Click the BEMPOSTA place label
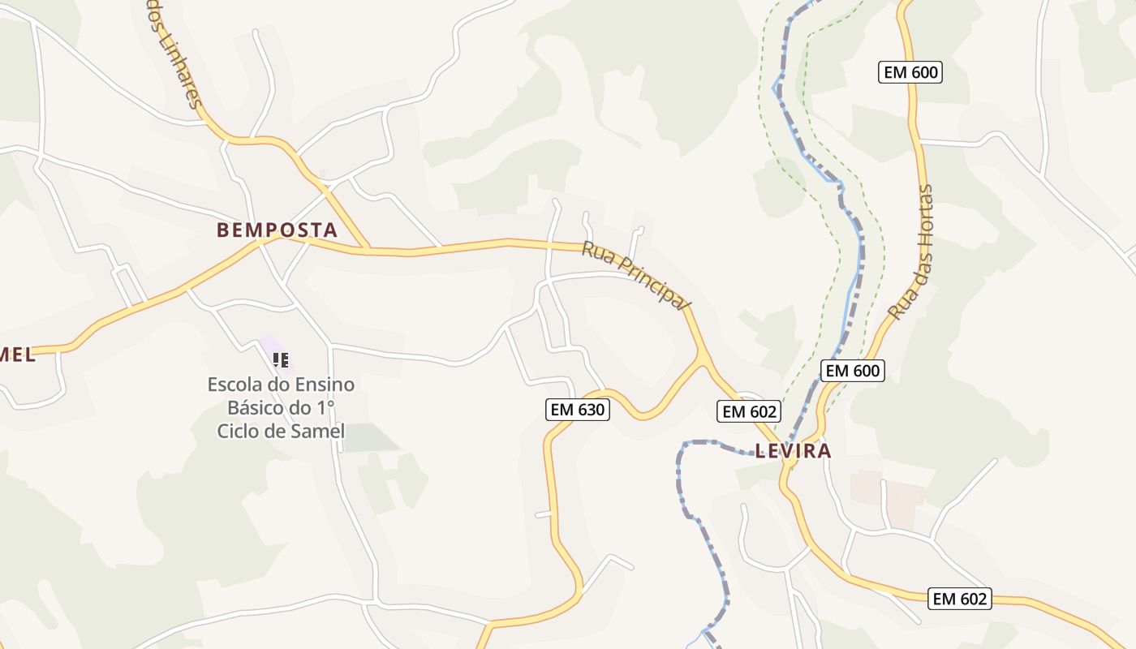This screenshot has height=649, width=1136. pos(277,230)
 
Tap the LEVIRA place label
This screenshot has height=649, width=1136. pos(794,451)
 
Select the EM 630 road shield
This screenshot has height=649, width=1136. pos(577,410)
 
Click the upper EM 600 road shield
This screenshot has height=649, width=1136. pos(910,72)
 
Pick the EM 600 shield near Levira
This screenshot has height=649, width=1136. pos(851,371)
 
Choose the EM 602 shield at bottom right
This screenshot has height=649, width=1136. pos(960,599)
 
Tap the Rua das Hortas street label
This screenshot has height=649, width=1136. pos(911,251)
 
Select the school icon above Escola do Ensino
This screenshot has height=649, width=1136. pos(281,359)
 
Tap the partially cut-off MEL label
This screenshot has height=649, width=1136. pos(16,354)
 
